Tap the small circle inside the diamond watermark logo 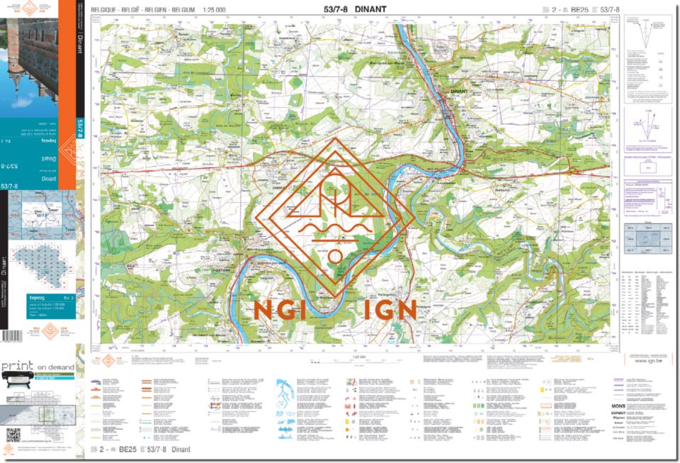(335, 254)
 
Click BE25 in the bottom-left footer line (127, 450)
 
